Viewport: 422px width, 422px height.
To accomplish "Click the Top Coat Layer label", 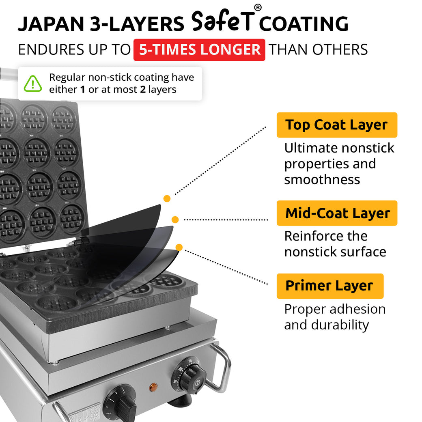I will pos(336,125).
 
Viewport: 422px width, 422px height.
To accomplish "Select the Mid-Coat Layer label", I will pos(337,213).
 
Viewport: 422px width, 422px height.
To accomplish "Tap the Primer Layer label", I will pos(329,286).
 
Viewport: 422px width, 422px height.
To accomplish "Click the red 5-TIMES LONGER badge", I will pos(199,50).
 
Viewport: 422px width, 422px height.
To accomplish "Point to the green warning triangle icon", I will pos(33,84).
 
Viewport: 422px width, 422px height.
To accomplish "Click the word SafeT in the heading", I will pos(222,22).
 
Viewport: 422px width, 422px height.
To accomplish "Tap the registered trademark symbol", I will pos(258,8).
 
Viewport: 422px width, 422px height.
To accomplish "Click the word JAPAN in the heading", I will pos(48,24).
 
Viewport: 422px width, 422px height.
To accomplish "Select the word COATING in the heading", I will pos(304,24).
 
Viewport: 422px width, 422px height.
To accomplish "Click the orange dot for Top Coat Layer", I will pos(167,198).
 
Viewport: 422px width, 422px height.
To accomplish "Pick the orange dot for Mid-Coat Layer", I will pos(175,220).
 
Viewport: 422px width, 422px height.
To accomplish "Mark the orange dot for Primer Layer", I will pos(179,247).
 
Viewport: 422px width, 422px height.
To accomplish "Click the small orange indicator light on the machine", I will pos(153,388).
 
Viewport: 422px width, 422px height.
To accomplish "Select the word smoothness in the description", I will pos(322,179).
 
